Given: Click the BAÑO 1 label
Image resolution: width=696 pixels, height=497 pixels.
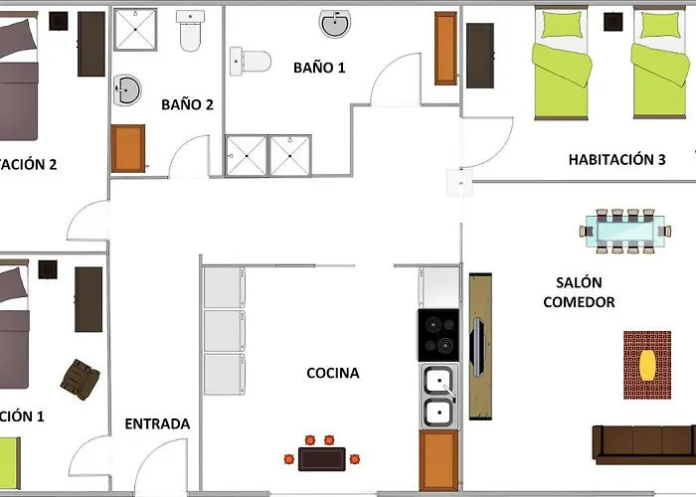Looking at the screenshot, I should pos(319,68).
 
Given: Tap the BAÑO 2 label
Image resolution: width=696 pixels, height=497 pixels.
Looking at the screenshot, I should pos(187,103).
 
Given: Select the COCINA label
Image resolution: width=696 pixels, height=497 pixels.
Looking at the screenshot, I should pos(332,374).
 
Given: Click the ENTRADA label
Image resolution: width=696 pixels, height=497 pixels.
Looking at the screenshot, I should pos(157,423).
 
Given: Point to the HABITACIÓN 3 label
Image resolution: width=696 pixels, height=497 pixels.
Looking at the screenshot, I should pos(616,159).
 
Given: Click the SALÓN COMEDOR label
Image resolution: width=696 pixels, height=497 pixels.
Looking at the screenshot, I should pos(579,292).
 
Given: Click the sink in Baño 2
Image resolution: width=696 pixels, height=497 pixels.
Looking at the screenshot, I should pos(126,90).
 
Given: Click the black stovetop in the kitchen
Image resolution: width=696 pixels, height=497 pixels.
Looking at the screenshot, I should pos(437,335).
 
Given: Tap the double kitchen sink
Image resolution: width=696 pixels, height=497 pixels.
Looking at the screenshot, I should pos(438,397).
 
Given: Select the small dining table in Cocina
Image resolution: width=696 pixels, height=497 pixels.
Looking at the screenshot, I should pos(321,458).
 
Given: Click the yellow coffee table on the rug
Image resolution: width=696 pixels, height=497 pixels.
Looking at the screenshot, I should pos(647,364).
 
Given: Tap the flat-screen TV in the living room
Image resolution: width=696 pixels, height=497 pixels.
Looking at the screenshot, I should pos(478,349).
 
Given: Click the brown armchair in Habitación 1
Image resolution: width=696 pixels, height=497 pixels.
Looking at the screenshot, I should pos(79,377).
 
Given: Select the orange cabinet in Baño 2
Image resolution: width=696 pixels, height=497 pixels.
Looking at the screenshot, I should pos(128,148).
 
